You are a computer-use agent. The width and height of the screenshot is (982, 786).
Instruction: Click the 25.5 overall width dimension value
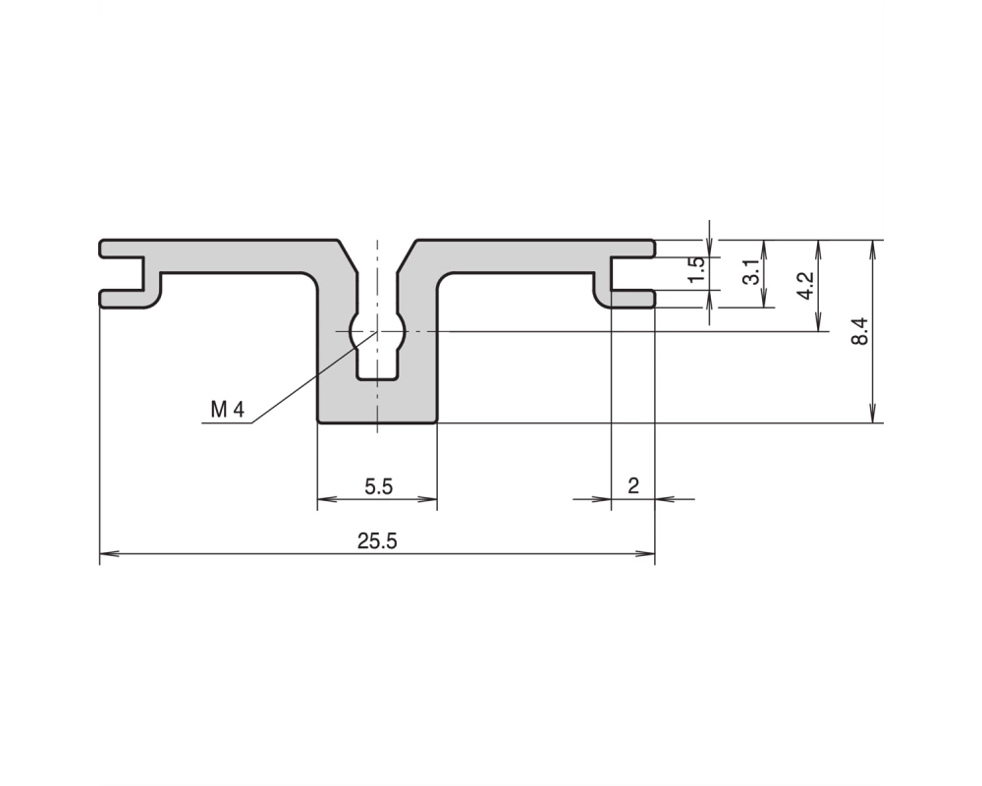tap(377, 541)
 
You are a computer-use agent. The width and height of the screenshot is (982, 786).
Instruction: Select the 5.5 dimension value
tap(379, 486)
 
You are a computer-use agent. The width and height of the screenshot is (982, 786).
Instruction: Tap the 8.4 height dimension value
tap(860, 331)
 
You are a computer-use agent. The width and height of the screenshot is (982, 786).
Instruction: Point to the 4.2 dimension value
tap(806, 285)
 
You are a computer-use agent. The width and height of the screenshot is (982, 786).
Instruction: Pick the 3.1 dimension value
tap(751, 272)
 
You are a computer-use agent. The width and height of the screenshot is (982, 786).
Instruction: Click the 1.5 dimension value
tap(696, 270)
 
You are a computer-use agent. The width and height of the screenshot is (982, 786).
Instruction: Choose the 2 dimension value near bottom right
tap(633, 485)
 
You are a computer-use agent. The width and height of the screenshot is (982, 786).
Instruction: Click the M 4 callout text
tap(228, 410)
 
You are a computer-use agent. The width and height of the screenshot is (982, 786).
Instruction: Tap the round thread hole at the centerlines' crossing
tap(377, 331)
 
